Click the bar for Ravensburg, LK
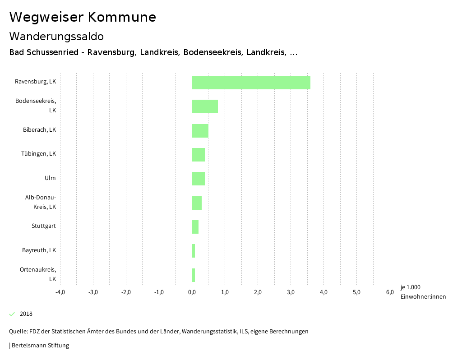click(x=251, y=83)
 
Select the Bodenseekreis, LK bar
click(x=205, y=106)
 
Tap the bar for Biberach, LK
click(x=200, y=131)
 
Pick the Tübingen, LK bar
click(x=198, y=155)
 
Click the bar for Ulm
click(x=198, y=179)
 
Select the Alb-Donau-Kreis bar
click(x=197, y=203)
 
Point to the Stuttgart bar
click(x=195, y=227)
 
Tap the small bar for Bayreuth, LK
click(x=194, y=251)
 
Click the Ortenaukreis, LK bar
click(x=194, y=275)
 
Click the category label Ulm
click(x=50, y=178)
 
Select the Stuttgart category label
click(x=44, y=226)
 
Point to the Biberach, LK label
click(x=40, y=130)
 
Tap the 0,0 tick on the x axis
click(x=192, y=292)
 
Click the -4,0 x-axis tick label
click(x=60, y=292)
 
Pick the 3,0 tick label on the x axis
click(x=291, y=292)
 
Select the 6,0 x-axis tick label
click(x=390, y=292)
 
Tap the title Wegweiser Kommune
click(x=83, y=17)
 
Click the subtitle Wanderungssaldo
click(x=56, y=36)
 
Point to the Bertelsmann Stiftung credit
click(x=40, y=346)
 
